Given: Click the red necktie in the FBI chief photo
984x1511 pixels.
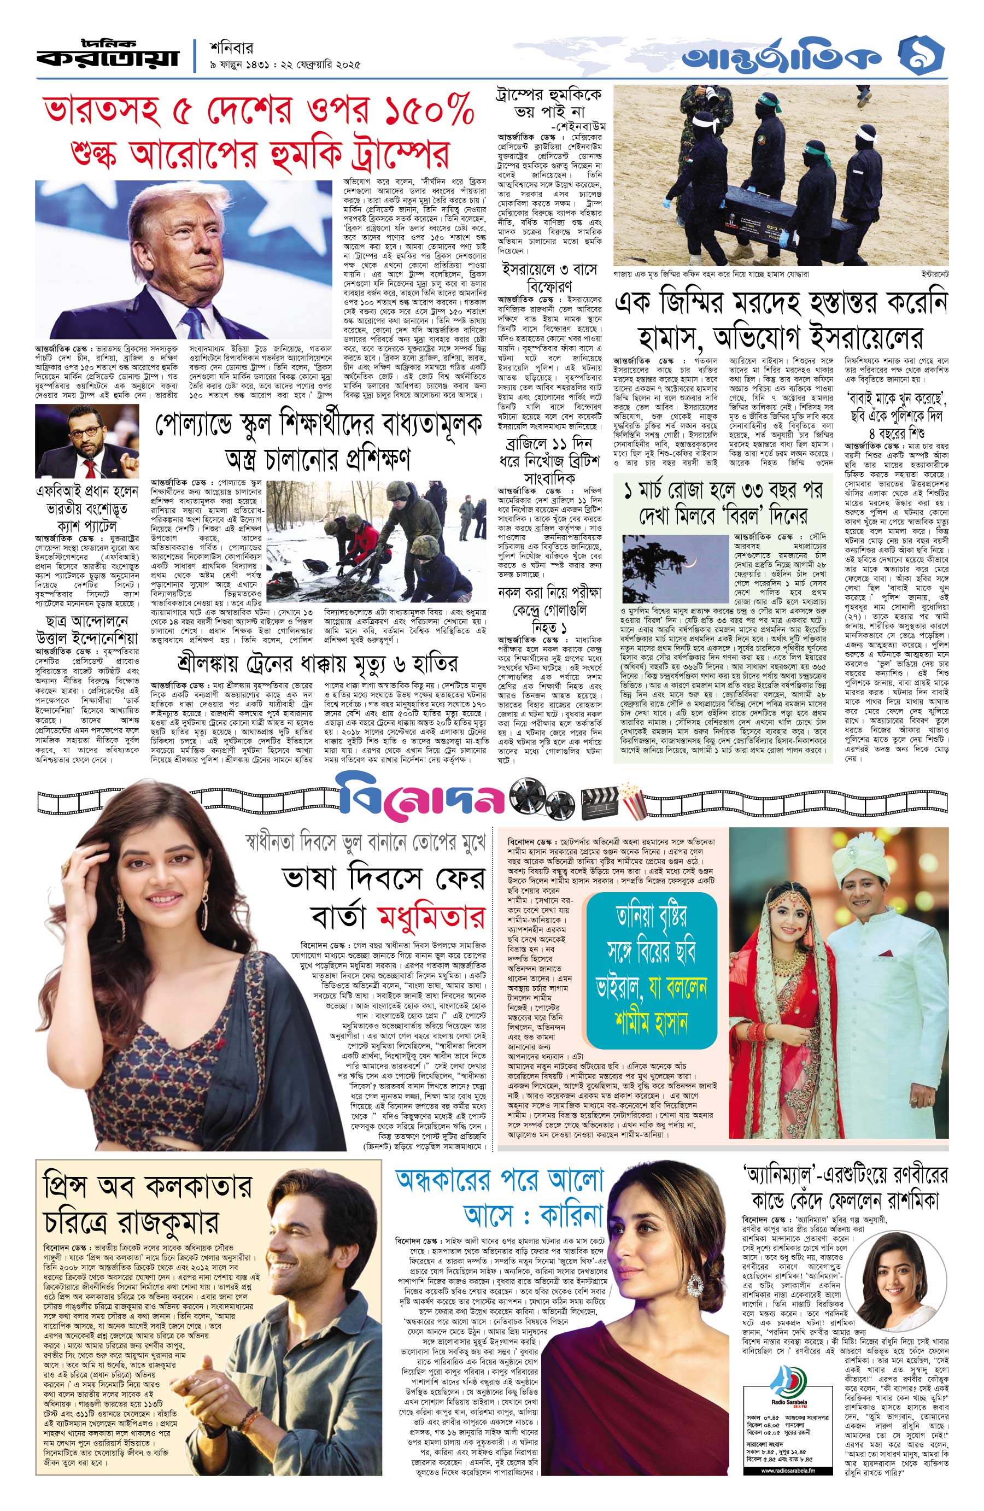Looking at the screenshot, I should pyautogui.click(x=91, y=467).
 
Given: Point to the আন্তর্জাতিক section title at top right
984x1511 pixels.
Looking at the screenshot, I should pyautogui.click(x=782, y=58).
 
